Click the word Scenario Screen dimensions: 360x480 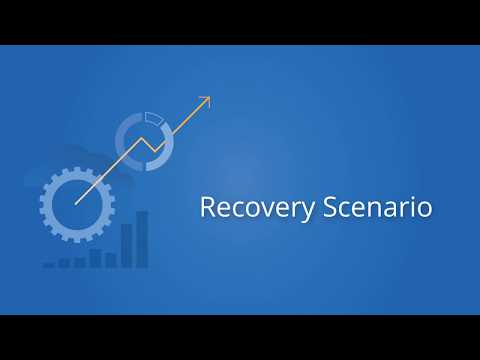[378, 208]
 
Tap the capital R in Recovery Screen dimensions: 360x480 [207, 207]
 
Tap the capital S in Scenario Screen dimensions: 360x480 [330, 207]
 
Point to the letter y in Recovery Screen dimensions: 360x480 [309, 211]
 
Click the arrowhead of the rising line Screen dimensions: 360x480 [206, 99]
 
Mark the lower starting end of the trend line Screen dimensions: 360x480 [76, 204]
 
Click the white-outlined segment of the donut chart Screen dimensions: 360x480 [152, 118]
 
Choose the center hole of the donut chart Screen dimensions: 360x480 [145, 138]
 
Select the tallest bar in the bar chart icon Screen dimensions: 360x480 [142, 239]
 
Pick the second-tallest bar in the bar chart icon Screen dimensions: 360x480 [127, 245]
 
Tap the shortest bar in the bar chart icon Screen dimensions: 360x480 [49, 265]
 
